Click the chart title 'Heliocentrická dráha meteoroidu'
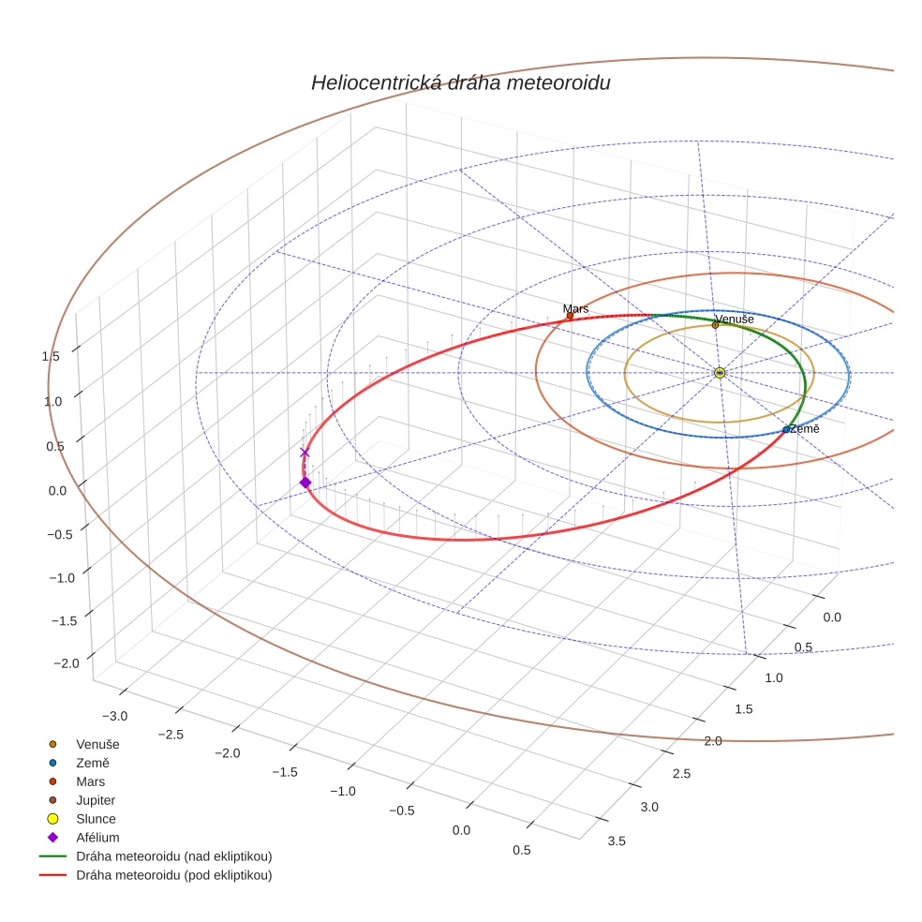(460, 83)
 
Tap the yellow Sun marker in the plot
(720, 373)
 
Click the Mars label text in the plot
(575, 308)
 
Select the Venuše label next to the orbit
(736, 320)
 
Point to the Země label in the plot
(805, 428)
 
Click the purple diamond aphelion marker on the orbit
(305, 483)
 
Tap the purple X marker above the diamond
(305, 453)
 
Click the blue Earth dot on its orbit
(786, 430)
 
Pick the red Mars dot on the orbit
(570, 316)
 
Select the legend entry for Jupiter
(96, 800)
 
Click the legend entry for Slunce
(96, 819)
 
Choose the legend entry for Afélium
(97, 838)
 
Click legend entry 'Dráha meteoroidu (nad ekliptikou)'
(173, 856)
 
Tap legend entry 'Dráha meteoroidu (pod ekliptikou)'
(173, 875)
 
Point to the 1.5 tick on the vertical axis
(51, 356)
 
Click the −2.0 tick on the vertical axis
(67, 663)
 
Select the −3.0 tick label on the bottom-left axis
(115, 716)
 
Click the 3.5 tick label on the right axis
(617, 840)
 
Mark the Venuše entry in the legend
(97, 744)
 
